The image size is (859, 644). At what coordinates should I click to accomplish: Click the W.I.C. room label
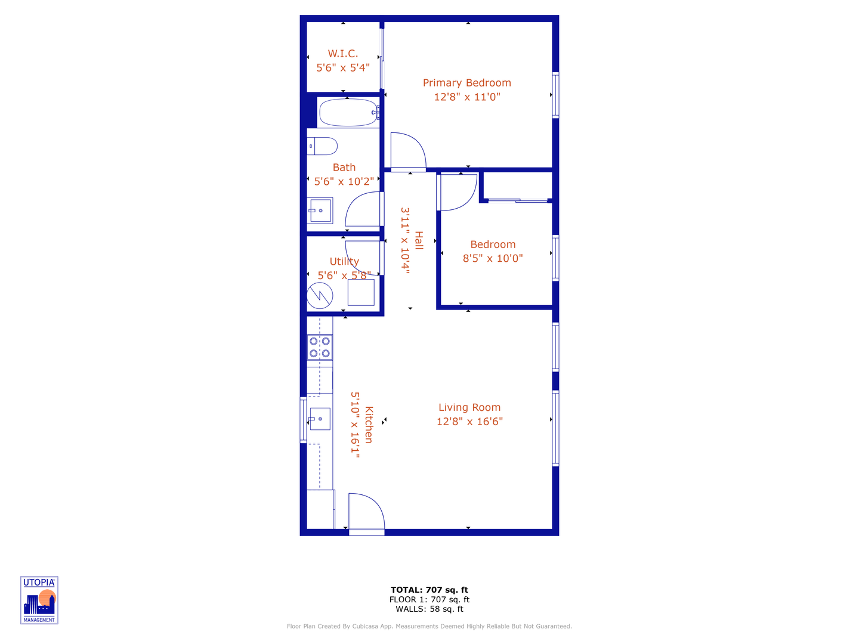[x=343, y=54]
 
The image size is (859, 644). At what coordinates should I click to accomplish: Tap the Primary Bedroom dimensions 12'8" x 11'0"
[x=467, y=97]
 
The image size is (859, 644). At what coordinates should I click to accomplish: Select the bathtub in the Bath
[x=348, y=112]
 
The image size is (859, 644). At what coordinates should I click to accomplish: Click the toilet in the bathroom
[x=322, y=146]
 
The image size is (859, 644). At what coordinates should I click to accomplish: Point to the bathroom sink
[x=320, y=210]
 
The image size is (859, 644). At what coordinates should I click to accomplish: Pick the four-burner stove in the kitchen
[x=320, y=347]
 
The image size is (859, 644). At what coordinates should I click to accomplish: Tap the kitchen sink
[x=320, y=419]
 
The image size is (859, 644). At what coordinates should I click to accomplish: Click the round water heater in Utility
[x=320, y=295]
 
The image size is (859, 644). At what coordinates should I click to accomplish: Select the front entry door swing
[x=365, y=512]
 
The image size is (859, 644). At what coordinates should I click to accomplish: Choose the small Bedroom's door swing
[x=458, y=192]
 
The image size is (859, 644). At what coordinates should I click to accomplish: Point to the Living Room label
[x=469, y=407]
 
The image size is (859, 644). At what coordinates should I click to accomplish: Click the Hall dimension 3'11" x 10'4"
[x=406, y=240]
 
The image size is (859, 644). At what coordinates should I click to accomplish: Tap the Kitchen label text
[x=369, y=425]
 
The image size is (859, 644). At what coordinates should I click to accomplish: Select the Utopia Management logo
[x=39, y=600]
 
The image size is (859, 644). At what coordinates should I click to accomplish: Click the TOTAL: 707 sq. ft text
[x=429, y=590]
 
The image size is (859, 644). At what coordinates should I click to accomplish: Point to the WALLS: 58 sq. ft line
[x=429, y=609]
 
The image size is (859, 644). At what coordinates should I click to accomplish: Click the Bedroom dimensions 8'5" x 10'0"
[x=493, y=258]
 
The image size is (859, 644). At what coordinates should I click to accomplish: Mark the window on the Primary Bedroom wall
[x=555, y=95]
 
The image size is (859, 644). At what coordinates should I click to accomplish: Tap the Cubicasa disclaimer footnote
[x=429, y=626]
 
